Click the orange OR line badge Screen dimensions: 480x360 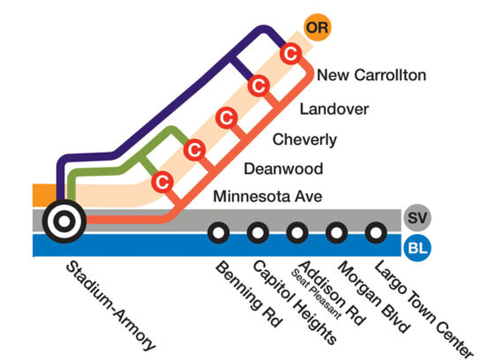point(318,27)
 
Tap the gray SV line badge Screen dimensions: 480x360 point(417,218)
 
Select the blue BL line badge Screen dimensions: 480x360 point(417,248)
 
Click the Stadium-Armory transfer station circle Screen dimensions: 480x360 point(64,221)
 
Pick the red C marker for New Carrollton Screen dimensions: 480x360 point(290,54)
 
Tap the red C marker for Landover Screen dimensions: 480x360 point(259,86)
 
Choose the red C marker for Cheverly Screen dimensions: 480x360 point(227,118)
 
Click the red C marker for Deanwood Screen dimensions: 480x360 point(194,150)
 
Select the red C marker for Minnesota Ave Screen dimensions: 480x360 point(162,182)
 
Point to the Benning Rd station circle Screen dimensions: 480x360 point(219,233)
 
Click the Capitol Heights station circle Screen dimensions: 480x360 point(258,233)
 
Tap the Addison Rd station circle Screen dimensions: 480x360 point(297,233)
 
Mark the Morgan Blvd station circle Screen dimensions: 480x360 point(336,233)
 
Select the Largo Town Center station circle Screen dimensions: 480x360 point(376,233)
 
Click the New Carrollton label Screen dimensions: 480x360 point(371,75)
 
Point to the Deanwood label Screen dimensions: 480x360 point(283,169)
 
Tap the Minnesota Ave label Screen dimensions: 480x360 point(267,196)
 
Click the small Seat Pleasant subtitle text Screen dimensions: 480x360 point(316,295)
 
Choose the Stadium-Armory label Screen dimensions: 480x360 point(111,306)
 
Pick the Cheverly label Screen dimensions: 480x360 point(304,140)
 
